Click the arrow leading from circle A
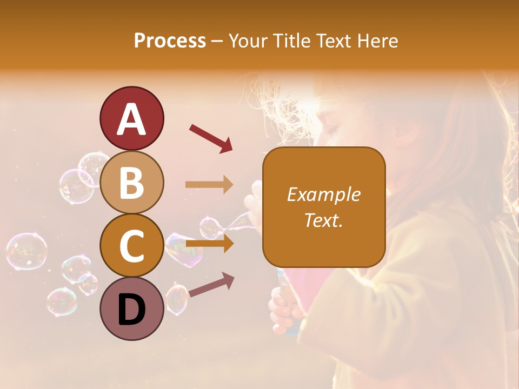[210, 137]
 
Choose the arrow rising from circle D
[211, 285]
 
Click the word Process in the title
[170, 41]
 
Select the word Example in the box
[323, 194]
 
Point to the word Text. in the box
[323, 220]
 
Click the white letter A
[131, 119]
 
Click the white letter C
[131, 246]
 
